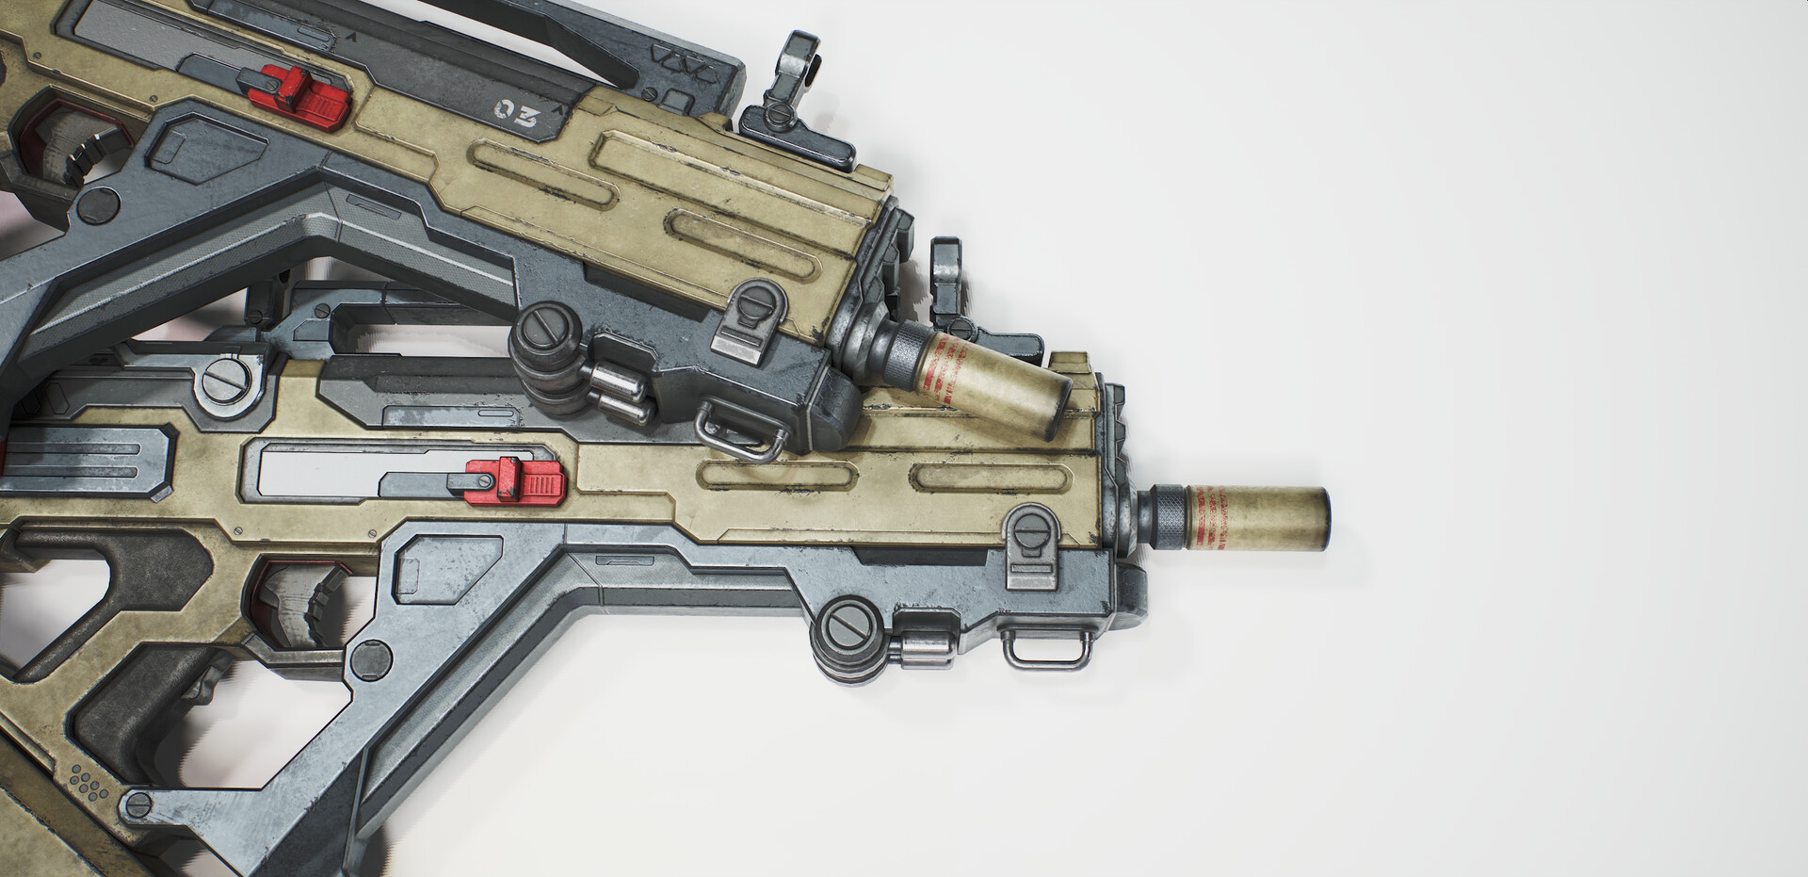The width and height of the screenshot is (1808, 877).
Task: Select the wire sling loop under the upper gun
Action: (739, 432)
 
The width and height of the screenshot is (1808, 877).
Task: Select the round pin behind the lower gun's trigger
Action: (371, 658)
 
